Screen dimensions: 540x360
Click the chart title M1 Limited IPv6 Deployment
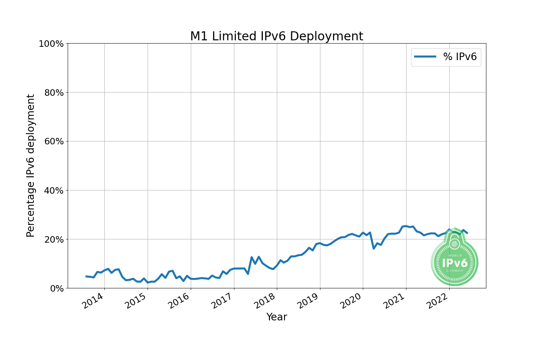[276, 36]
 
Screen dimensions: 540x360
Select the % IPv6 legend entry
[446, 57]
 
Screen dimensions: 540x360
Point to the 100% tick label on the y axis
[51, 44]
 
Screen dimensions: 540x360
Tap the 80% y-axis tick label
[54, 93]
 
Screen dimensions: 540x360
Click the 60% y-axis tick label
[54, 141]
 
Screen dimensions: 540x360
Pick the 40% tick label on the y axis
[54, 190]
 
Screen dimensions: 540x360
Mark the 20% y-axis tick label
[54, 239]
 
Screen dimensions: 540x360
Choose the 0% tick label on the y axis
[57, 288]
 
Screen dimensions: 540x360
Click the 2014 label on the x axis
[93, 301]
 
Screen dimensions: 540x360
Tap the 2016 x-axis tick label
[179, 301]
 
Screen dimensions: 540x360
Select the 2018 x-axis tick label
[265, 301]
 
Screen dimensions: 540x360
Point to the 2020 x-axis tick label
[351, 301]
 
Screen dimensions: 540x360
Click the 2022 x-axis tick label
[438, 301]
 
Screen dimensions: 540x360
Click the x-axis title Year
[276, 317]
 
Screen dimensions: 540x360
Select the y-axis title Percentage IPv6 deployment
[31, 166]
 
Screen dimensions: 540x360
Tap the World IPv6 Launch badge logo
[454, 257]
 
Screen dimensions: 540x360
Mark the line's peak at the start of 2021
[406, 226]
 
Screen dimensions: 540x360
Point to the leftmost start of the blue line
[86, 276]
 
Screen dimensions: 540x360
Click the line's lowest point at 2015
[148, 282]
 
